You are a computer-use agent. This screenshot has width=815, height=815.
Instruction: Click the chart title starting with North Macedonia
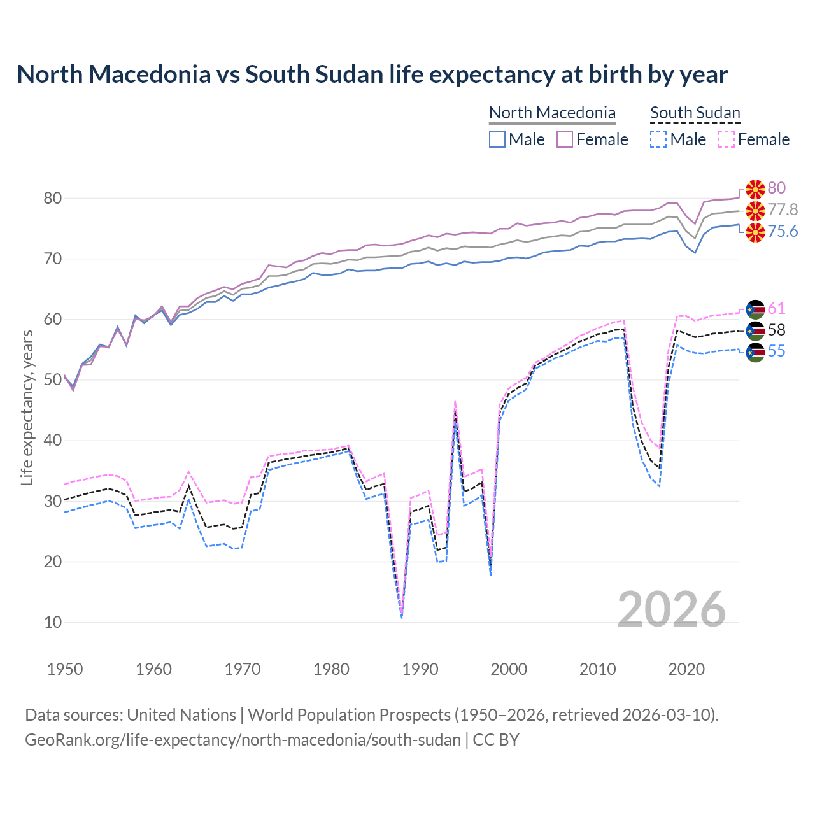[372, 74]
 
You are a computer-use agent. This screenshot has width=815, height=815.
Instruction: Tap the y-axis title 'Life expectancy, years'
[27, 407]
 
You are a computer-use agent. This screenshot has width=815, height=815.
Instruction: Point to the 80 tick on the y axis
[52, 199]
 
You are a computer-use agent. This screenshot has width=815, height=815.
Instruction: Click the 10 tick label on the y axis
[52, 623]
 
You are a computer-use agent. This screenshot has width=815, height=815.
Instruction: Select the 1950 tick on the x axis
[65, 669]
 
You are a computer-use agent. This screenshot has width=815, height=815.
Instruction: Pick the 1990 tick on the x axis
[420, 669]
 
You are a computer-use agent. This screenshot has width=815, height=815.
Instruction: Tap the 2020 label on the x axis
[686, 669]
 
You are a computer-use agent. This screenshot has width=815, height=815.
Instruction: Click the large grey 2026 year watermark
[671, 609]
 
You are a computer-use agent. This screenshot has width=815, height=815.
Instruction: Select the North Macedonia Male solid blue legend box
[497, 139]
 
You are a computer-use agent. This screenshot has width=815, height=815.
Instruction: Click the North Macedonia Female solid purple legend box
[565, 139]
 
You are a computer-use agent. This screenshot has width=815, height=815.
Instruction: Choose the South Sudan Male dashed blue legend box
[658, 139]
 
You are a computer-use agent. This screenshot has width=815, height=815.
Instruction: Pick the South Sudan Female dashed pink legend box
[726, 139]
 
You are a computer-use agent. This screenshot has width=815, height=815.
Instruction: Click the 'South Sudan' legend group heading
[695, 113]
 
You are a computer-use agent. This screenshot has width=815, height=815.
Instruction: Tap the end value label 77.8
[783, 210]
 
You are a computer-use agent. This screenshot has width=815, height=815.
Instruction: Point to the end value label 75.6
[783, 232]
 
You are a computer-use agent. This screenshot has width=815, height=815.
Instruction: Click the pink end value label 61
[776, 309]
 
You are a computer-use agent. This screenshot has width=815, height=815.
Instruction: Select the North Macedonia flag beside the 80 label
[755, 188]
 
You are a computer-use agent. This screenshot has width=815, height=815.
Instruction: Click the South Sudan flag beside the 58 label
[755, 330]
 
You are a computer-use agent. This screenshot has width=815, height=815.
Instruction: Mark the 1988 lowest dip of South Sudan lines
[402, 616]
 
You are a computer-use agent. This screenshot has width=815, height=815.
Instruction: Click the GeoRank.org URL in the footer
[243, 740]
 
